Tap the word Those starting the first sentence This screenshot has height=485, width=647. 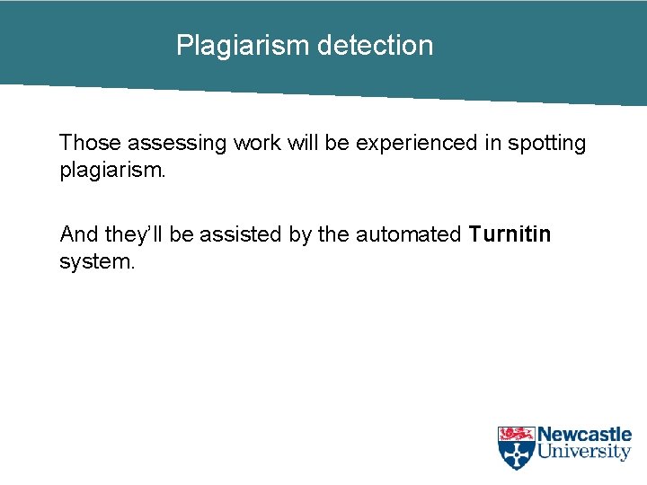90,143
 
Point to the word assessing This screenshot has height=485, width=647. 177,143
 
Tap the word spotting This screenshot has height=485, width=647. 547,144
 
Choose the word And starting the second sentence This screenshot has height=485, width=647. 79,234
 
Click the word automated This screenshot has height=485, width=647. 408,234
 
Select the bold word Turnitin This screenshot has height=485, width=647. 510,234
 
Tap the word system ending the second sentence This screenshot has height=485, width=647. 97,263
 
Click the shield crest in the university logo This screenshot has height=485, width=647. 516,446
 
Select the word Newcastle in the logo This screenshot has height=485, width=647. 584,436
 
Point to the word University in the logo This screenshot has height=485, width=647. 584,452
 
